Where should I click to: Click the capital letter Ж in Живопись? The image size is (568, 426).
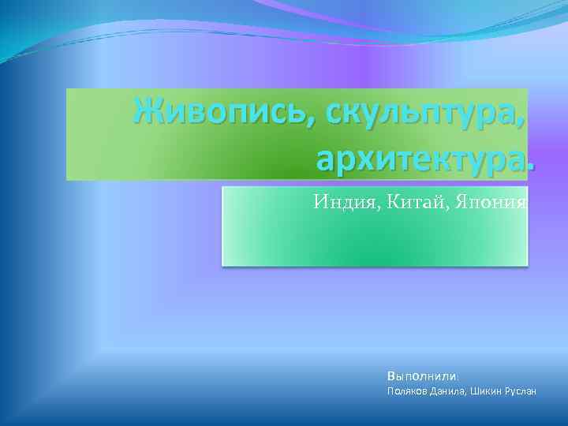(x=148, y=114)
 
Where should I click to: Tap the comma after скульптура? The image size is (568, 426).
(x=523, y=126)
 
